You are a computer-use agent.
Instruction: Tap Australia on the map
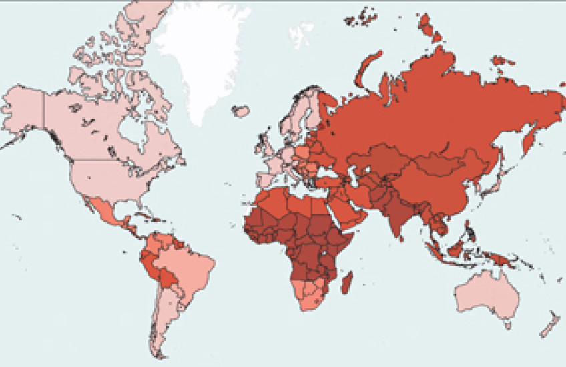click(x=488, y=294)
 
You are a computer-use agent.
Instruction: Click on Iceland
click(x=241, y=110)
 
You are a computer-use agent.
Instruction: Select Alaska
click(x=23, y=110)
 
